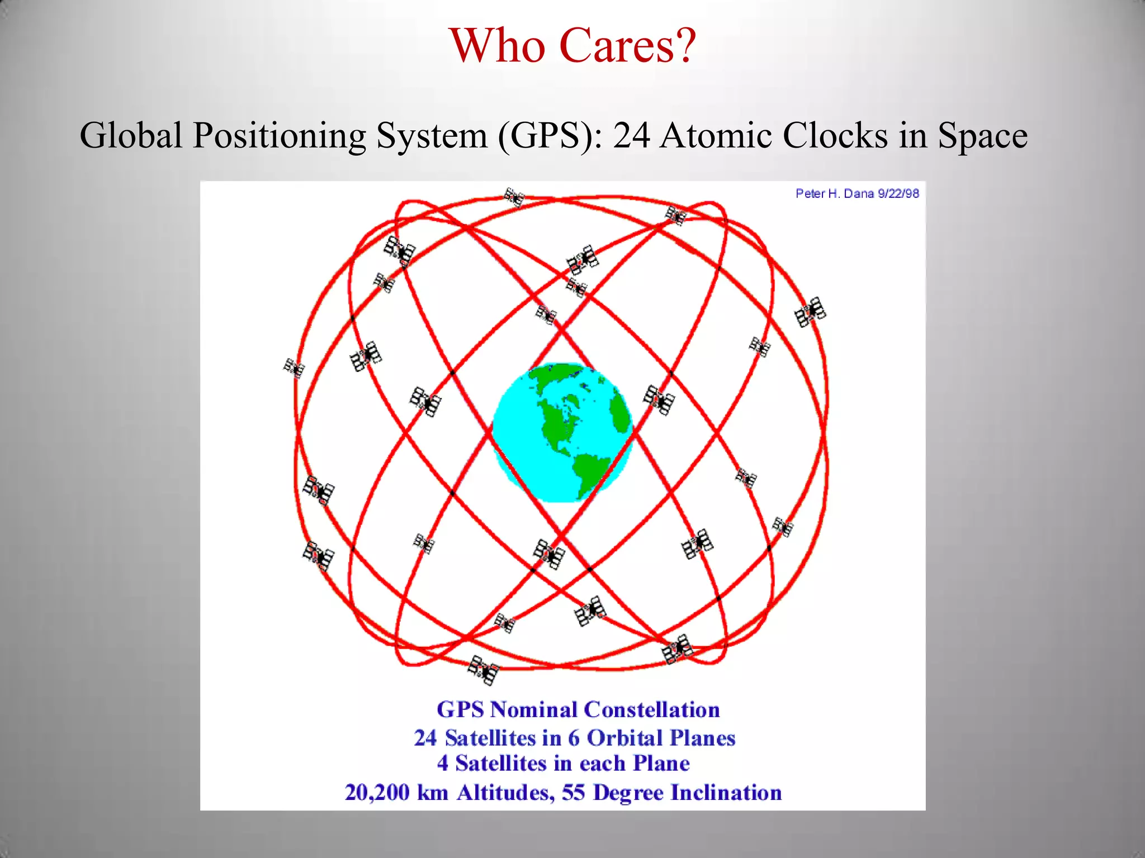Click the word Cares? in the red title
(627, 46)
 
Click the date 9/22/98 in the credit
(898, 194)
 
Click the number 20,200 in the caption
(377, 793)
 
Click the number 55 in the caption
(573, 793)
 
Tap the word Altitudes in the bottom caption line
(505, 793)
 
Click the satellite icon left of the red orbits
(294, 368)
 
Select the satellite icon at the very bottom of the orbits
(484, 670)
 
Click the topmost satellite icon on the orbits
(514, 197)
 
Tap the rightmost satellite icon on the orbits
(810, 312)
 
